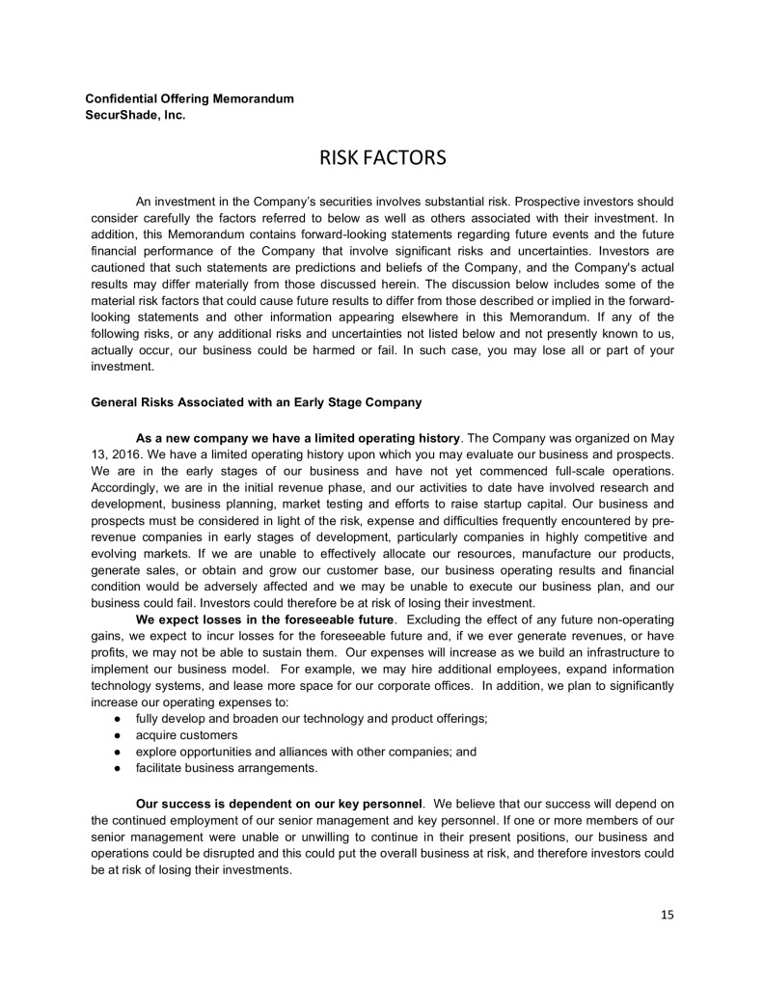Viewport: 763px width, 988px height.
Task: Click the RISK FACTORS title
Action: [381, 156]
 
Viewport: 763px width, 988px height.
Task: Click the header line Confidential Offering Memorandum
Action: [190, 99]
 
